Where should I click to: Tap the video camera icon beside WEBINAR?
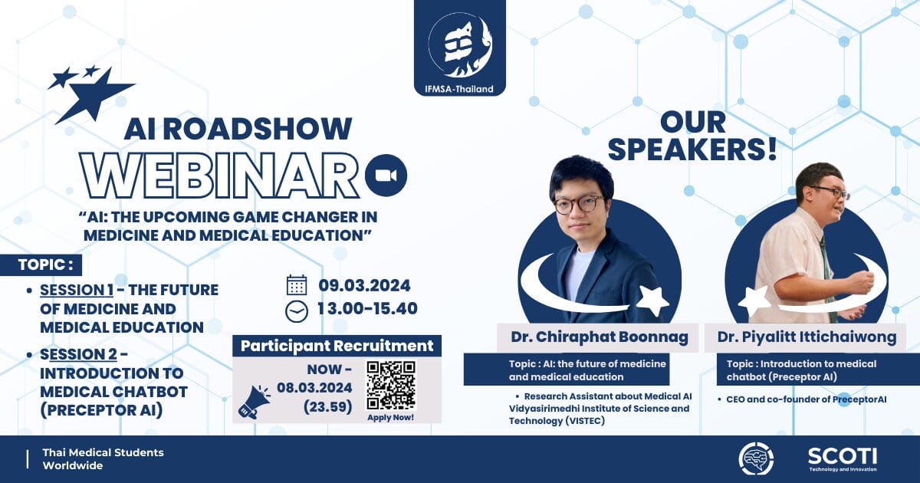click(x=386, y=176)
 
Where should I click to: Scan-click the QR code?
click(x=390, y=386)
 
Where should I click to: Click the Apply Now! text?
click(x=390, y=417)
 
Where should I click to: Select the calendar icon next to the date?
click(x=297, y=285)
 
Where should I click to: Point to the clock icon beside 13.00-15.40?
click(x=297, y=311)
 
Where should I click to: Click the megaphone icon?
click(x=254, y=402)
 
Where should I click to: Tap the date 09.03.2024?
click(x=364, y=285)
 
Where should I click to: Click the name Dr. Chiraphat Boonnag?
click(x=600, y=337)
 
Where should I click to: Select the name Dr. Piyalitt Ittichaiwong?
click(x=807, y=337)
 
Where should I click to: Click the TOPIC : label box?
click(x=41, y=265)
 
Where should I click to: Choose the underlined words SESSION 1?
click(x=77, y=290)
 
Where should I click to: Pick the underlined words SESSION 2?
click(x=78, y=354)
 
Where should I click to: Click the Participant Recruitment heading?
click(x=337, y=346)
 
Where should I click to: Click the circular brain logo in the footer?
click(x=756, y=458)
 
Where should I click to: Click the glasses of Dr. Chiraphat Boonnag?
click(x=578, y=205)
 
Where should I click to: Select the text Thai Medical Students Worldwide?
click(x=103, y=459)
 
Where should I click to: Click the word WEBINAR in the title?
click(x=220, y=176)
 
